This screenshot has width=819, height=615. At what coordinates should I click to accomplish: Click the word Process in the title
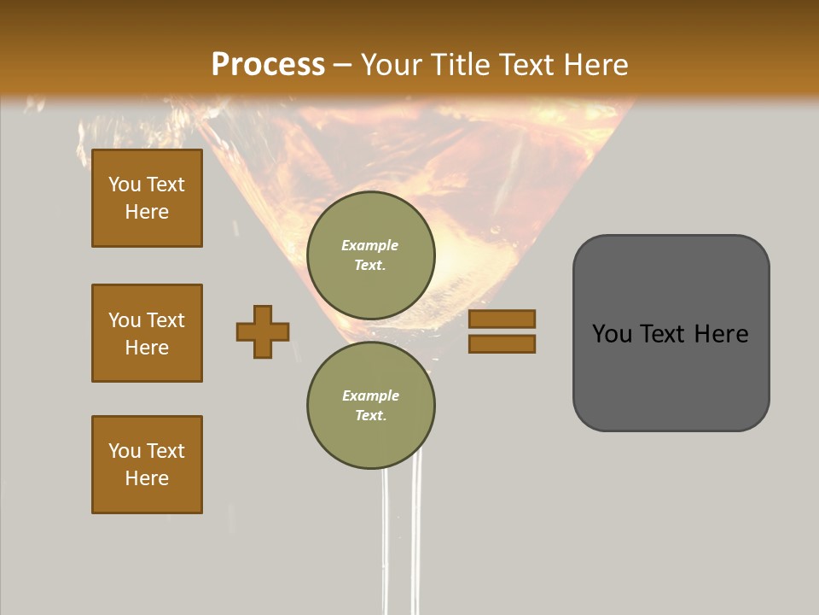point(268,65)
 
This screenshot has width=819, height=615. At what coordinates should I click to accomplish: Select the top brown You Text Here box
point(147,198)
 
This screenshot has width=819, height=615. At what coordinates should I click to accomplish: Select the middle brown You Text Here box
point(147,333)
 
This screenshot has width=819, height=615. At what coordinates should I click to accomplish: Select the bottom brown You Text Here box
point(147,465)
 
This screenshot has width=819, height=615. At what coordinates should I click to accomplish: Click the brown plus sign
point(263,331)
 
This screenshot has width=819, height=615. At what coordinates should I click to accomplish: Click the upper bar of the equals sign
point(502,319)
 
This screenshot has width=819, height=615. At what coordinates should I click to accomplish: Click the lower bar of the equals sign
point(502,344)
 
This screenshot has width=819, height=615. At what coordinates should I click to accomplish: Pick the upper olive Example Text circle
point(370,255)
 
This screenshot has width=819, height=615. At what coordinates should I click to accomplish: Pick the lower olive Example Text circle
point(370,405)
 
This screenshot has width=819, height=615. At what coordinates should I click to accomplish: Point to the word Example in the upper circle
point(370,245)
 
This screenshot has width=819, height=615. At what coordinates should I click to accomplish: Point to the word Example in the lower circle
point(370,395)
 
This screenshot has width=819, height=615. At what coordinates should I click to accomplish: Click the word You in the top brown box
point(125,184)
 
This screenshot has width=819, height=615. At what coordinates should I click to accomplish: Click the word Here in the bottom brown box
point(147,478)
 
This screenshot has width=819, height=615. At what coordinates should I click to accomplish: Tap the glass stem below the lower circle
point(401,530)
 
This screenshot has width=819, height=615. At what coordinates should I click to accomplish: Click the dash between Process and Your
point(343,65)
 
